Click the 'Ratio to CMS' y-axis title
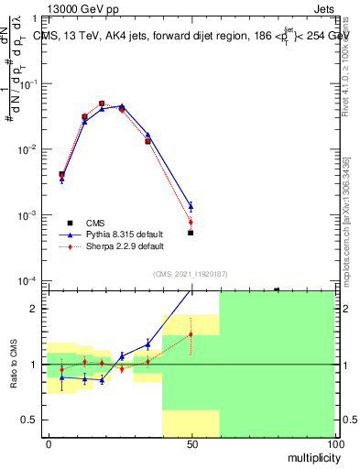[x=13, y=364]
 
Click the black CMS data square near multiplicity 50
[x=191, y=233]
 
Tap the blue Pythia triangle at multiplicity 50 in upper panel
[x=191, y=206]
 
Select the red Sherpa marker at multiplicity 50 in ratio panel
[x=191, y=334]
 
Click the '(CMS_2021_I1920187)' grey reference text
[x=190, y=273]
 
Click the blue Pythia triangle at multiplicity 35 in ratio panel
[x=147, y=344]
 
